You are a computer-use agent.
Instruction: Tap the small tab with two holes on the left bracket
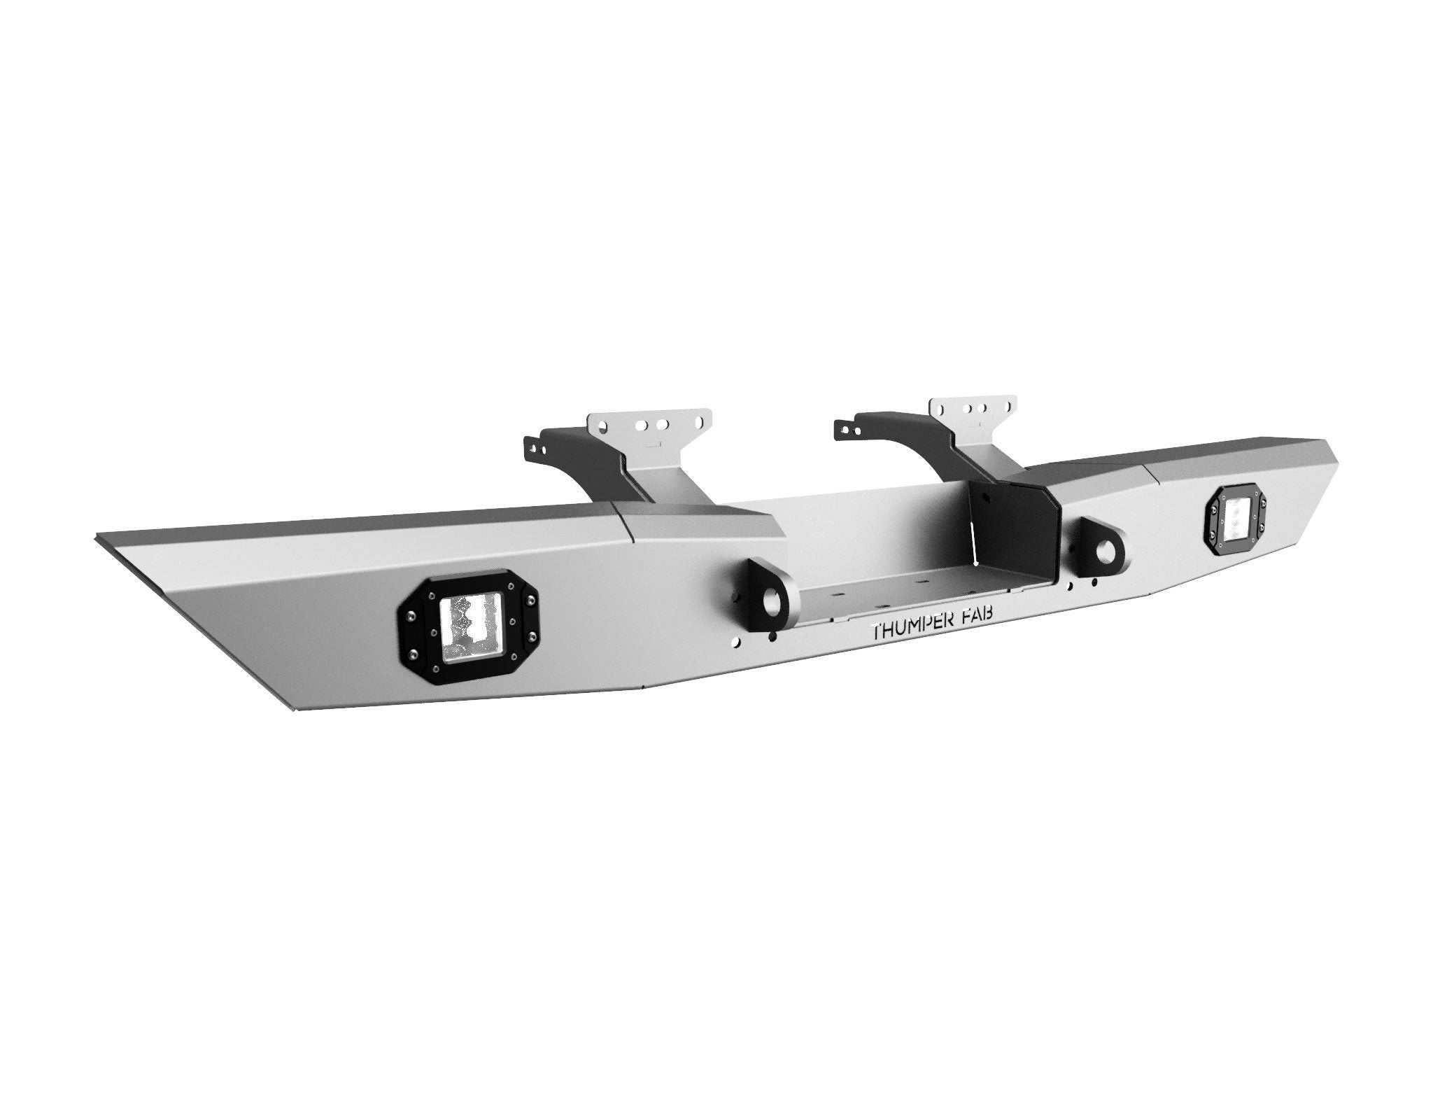[534, 447]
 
